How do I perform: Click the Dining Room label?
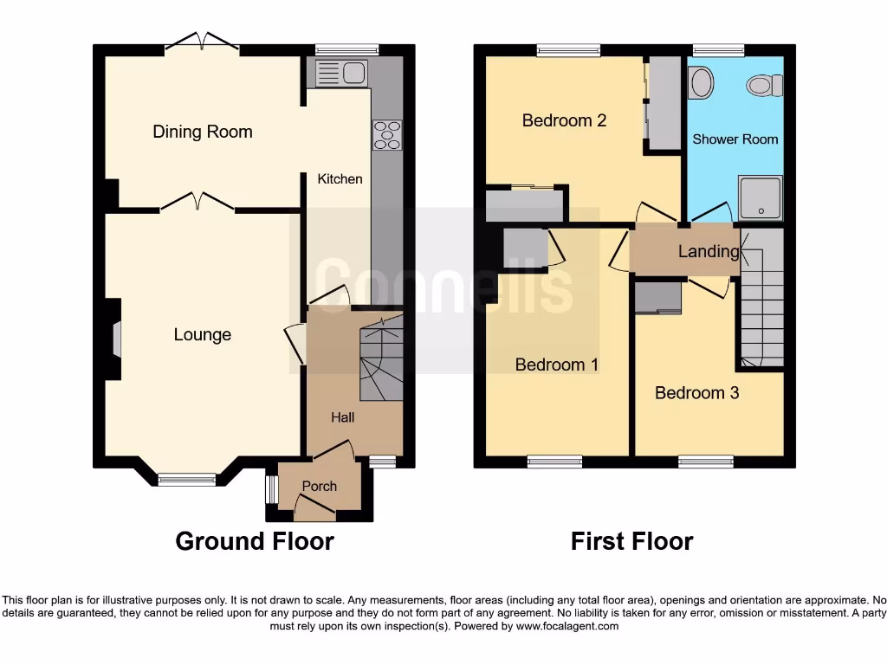203,132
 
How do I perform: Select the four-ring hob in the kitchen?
387,134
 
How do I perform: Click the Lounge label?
203,334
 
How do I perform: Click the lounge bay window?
186,479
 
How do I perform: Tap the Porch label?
319,486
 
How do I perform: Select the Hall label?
343,417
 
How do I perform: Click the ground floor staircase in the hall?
381,359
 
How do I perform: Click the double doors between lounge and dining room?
197,203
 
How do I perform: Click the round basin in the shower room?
702,83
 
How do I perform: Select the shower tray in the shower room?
760,197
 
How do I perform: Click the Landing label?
709,252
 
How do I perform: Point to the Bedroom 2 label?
564,120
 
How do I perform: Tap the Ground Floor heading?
255,541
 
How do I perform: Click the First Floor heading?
631,541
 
